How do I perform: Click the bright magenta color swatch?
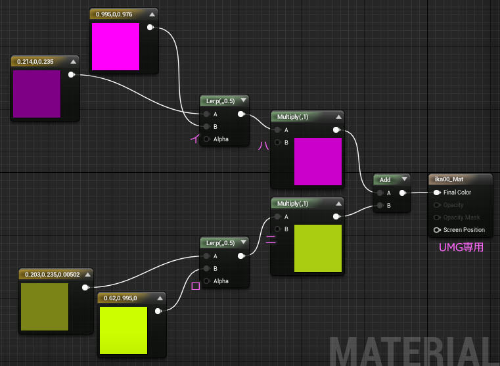(x=116, y=47)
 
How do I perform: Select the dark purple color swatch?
(x=37, y=94)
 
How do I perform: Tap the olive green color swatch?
(x=45, y=307)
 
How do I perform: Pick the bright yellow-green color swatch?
(x=124, y=331)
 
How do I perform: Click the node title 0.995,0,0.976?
(x=114, y=14)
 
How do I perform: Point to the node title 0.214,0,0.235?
(x=35, y=62)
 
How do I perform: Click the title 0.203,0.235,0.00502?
(x=53, y=275)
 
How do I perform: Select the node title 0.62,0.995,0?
(x=120, y=298)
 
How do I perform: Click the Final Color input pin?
(x=437, y=193)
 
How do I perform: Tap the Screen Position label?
(x=464, y=230)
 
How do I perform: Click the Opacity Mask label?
(x=461, y=217)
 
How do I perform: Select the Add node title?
(x=385, y=180)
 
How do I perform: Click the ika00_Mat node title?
(x=449, y=179)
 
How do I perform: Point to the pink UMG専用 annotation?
(x=461, y=247)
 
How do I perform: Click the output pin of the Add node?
(x=402, y=193)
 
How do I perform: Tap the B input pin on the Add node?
(x=380, y=205)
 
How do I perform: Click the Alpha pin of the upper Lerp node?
(x=206, y=139)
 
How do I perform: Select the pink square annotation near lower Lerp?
(x=196, y=286)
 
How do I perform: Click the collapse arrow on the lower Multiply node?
(x=338, y=204)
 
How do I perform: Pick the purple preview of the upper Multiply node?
(x=318, y=162)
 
